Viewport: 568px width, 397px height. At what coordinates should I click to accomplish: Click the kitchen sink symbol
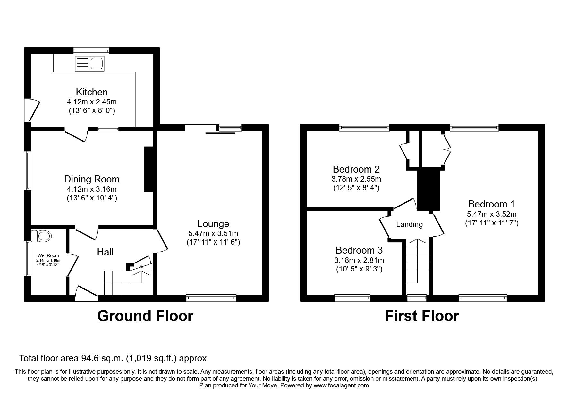(90, 63)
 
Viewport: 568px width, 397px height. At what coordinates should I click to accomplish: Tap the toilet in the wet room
(42, 236)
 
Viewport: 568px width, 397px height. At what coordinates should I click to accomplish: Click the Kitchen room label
(92, 92)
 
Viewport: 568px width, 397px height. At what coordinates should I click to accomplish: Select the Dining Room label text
(92, 179)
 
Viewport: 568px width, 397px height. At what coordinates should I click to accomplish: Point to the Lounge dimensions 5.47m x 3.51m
(213, 233)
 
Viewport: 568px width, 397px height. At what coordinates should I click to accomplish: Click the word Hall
(105, 252)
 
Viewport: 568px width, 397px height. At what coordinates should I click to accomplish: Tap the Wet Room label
(48, 255)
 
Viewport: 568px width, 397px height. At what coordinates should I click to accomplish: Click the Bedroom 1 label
(491, 204)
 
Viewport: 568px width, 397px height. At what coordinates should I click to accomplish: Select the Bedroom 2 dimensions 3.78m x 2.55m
(356, 179)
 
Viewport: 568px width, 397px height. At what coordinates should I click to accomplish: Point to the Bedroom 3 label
(359, 250)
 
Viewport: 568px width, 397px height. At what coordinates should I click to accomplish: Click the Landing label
(409, 224)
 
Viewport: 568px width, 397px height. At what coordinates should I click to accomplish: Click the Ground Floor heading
(145, 316)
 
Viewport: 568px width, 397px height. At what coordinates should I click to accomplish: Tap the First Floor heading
(422, 316)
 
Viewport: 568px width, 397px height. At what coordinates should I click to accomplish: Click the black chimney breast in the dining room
(149, 169)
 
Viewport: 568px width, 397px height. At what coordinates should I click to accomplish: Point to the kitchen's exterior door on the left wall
(32, 110)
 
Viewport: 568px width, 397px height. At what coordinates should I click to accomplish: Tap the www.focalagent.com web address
(341, 385)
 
